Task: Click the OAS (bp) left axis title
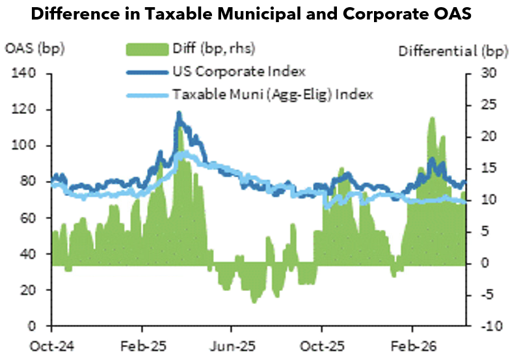pyautogui.click(x=34, y=49)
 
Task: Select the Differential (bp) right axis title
pyautogui.click(x=453, y=51)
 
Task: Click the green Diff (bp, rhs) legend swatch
pyautogui.click(x=147, y=49)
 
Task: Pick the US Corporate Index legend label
pyautogui.click(x=239, y=72)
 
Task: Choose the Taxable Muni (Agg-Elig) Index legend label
pyautogui.click(x=273, y=94)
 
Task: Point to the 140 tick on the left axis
pyautogui.click(x=24, y=73)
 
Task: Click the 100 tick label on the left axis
pyautogui.click(x=24, y=145)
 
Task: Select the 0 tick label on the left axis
pyautogui.click(x=32, y=325)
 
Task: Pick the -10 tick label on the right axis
pyautogui.click(x=492, y=326)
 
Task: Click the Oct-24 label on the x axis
pyautogui.click(x=52, y=346)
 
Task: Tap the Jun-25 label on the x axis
pyautogui.click(x=233, y=346)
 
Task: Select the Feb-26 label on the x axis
pyautogui.click(x=413, y=346)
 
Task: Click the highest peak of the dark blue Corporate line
pyautogui.click(x=179, y=113)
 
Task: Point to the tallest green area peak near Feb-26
pyautogui.click(x=432, y=118)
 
